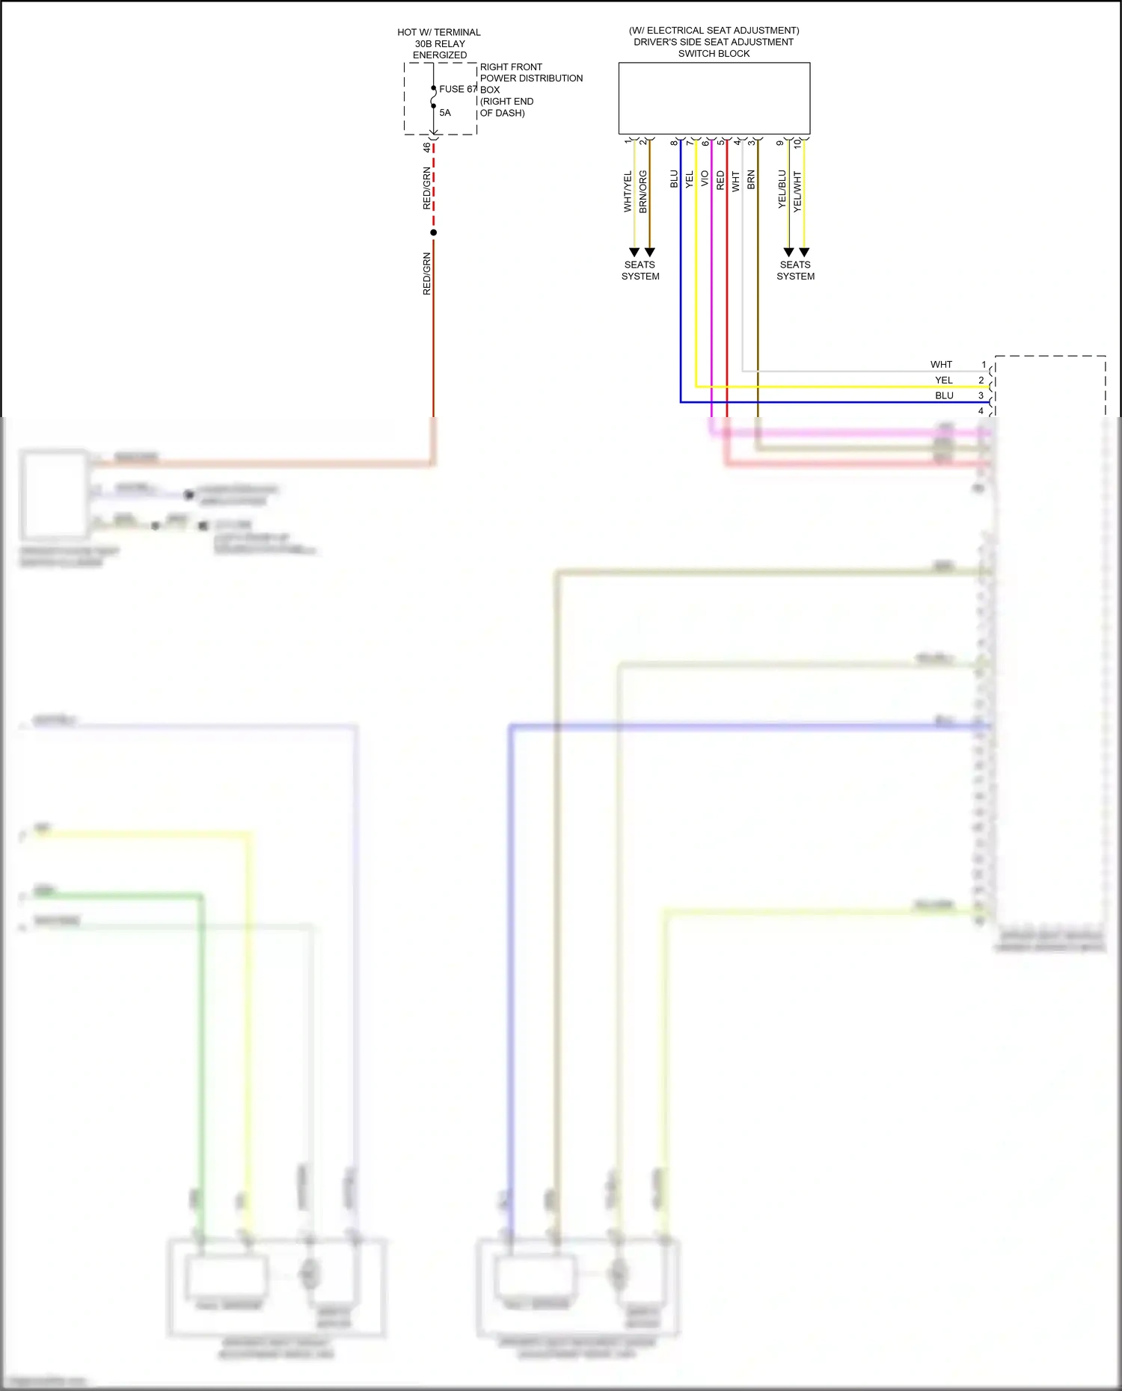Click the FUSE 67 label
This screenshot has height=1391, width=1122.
click(x=457, y=89)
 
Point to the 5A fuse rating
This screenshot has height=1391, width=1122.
click(x=445, y=113)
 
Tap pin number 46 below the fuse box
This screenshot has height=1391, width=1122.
click(x=427, y=147)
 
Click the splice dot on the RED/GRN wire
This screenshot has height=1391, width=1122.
click(x=433, y=232)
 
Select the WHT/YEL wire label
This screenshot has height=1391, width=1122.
click(x=628, y=191)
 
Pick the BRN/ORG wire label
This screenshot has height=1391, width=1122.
click(x=643, y=191)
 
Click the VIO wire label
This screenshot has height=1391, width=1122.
click(x=705, y=179)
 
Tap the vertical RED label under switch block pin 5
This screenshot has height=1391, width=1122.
click(x=720, y=180)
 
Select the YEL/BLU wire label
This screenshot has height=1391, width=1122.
click(x=782, y=189)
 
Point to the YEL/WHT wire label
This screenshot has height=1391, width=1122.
click(x=797, y=191)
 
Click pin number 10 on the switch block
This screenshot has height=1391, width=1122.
click(x=797, y=144)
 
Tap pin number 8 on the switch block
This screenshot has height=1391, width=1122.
click(x=673, y=143)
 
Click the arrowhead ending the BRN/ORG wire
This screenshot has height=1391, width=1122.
click(x=650, y=253)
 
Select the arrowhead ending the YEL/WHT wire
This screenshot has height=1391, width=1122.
click(x=804, y=253)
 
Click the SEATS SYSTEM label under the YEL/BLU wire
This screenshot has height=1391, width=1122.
click(x=795, y=271)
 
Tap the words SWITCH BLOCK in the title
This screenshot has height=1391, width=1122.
click(x=714, y=54)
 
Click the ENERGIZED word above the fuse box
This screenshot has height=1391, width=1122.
click(x=440, y=55)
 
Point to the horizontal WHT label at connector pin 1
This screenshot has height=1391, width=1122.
click(x=941, y=365)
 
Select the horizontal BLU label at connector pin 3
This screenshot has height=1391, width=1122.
click(x=944, y=395)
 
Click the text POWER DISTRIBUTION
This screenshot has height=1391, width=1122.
click(x=531, y=78)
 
